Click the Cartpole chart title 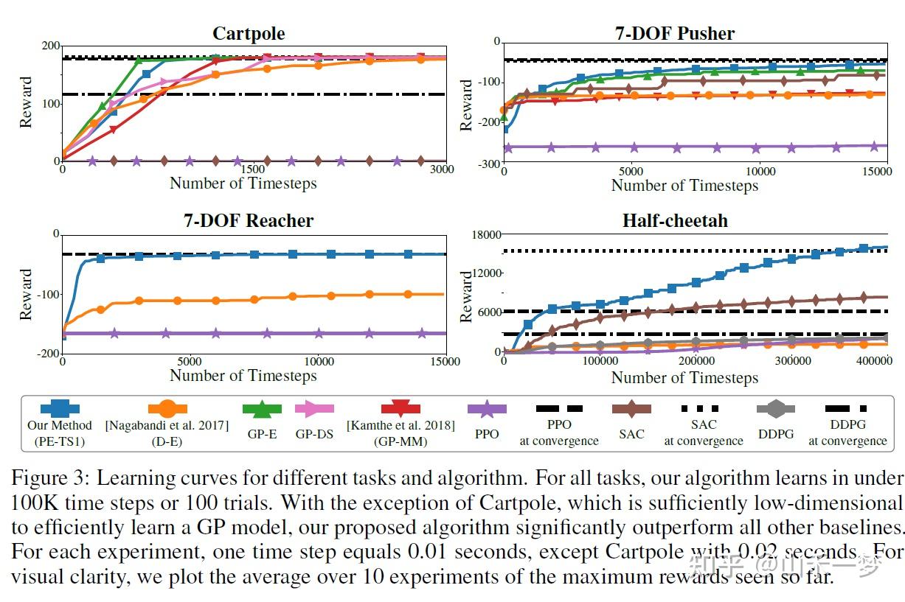(249, 34)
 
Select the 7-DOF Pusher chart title (675, 34)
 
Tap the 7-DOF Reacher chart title (249, 220)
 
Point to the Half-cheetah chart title (675, 221)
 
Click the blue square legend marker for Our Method (60, 407)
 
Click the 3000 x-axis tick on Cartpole (442, 169)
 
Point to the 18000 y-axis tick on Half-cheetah (486, 234)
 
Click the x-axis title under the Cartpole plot (243, 183)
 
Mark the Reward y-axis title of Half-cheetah (466, 295)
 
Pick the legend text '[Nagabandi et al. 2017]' (167, 426)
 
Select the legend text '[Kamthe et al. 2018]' (401, 426)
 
